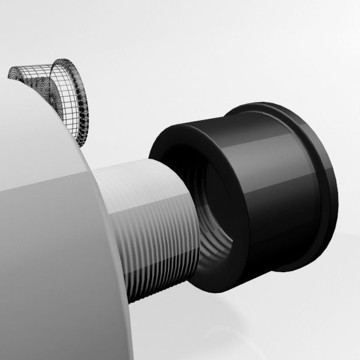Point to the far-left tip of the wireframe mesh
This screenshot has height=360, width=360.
pyautogui.click(x=9, y=74)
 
